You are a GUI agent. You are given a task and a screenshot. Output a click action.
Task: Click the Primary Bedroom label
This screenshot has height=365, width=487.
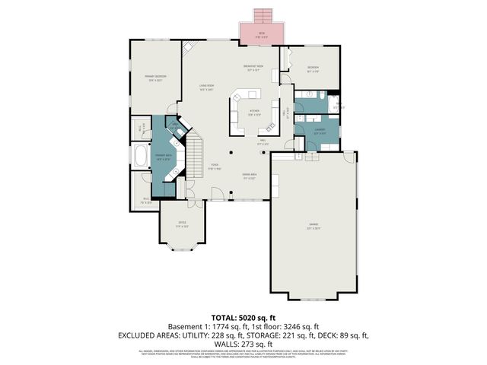click(x=155, y=78)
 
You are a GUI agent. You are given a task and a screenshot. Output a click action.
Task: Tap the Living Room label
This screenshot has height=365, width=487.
click(x=206, y=87)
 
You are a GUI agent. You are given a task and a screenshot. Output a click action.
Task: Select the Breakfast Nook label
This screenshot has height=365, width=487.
click(x=255, y=68)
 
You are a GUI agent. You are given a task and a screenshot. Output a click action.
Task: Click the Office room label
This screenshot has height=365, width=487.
click(x=181, y=224)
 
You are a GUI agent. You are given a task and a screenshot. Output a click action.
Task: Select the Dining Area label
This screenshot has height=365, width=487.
click(x=249, y=176)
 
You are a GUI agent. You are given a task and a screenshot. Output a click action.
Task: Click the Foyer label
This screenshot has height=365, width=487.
click(x=215, y=167)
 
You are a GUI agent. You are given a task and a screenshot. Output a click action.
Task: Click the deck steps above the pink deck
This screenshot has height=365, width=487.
click(x=262, y=15)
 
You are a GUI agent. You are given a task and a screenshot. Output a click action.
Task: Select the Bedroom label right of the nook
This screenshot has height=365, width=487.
click(x=313, y=68)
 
